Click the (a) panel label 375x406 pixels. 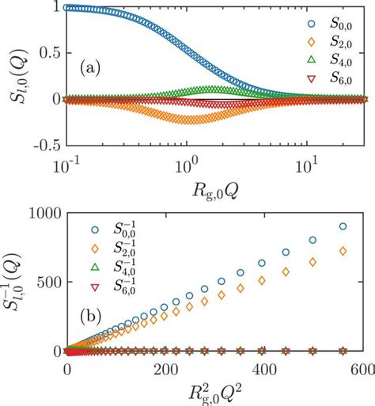tap(97, 69)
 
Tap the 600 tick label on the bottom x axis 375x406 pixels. tap(362, 370)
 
